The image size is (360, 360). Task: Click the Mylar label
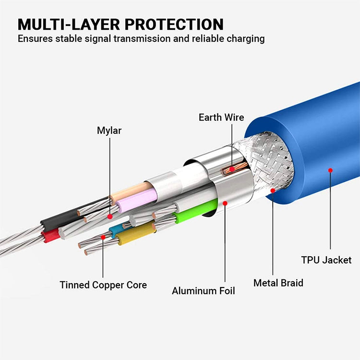(x=109, y=130)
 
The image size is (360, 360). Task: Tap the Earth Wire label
(x=221, y=117)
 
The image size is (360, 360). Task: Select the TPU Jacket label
(x=326, y=260)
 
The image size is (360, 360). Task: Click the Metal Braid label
(x=278, y=283)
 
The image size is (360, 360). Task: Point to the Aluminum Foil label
(x=204, y=290)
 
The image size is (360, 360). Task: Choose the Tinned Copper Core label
(x=103, y=285)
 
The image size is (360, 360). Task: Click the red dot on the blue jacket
(x=330, y=169)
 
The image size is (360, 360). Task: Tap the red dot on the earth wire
(x=232, y=169)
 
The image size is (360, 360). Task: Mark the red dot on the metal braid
(x=273, y=191)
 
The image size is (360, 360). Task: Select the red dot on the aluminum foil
(x=225, y=203)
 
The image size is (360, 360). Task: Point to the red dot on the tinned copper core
(x=103, y=236)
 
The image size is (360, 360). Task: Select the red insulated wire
(x=50, y=236)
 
